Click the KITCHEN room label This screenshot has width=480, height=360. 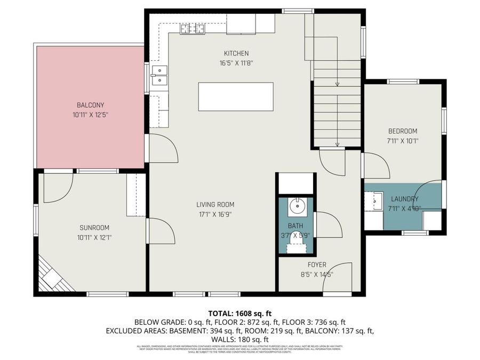coord(236,53)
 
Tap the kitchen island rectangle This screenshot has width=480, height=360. coord(236,97)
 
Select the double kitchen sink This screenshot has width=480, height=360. coord(159,76)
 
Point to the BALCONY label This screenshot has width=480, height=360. coord(90,105)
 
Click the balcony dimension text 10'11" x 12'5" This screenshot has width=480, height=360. coord(90,115)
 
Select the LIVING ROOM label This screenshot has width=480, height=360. coord(215,204)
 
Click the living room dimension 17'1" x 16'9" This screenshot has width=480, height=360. coord(215,214)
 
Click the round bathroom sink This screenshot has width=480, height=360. coord(295,204)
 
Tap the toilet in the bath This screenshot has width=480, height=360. coord(295,246)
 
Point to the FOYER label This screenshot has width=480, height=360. coord(317,265)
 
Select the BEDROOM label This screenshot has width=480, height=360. coord(402,131)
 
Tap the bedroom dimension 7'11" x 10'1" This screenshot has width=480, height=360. coord(402,141)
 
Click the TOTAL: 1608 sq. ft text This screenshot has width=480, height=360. coord(239,313)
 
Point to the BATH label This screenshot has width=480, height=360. coord(295,226)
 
